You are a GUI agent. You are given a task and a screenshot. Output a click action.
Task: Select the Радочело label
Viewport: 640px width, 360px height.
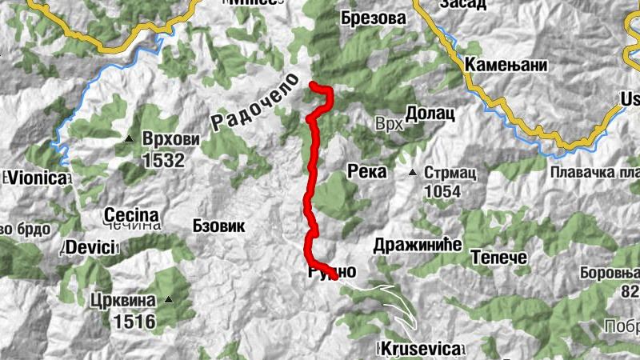click(254, 102)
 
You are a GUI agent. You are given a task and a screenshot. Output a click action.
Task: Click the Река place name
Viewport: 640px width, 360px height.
click(367, 172)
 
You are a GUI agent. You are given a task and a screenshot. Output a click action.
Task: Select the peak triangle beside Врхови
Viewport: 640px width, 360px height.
click(129, 140)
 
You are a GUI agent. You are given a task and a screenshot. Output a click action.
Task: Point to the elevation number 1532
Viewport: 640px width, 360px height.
click(163, 160)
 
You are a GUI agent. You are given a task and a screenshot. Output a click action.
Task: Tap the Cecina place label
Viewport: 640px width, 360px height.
click(131, 214)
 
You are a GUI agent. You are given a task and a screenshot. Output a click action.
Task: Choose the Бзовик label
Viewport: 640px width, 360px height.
click(218, 226)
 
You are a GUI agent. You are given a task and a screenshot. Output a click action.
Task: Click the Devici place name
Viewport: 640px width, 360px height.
click(90, 247)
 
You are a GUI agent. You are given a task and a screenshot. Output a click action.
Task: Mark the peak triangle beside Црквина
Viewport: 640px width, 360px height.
click(169, 301)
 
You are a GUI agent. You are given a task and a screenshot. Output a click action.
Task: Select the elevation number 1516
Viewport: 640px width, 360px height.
click(134, 322)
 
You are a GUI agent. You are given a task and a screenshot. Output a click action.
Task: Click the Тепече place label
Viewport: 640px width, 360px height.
click(498, 258)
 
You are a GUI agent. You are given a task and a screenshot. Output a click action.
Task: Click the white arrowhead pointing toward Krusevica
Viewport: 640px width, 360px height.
click(413, 324)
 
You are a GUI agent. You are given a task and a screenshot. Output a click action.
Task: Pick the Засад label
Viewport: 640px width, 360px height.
click(462, 4)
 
